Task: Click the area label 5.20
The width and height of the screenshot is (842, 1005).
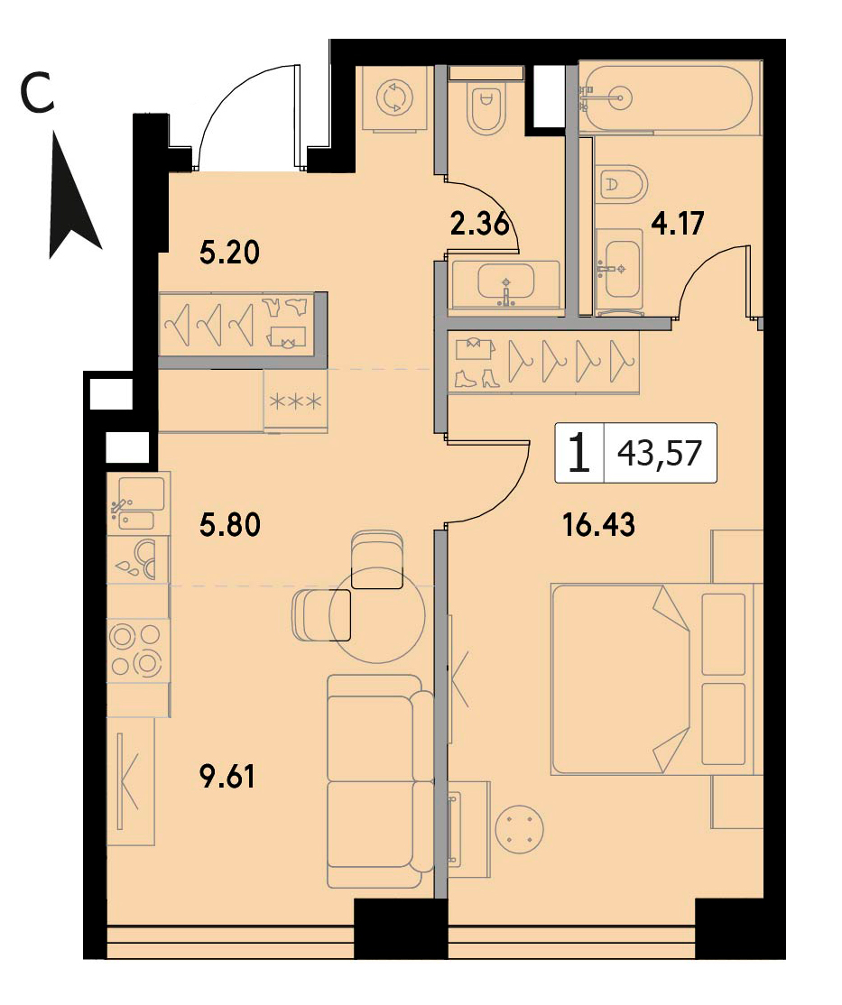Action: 229,253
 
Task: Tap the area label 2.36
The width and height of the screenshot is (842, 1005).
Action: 480,225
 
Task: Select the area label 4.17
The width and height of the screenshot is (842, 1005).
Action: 678,224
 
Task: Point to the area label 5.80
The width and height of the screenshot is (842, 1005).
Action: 229,526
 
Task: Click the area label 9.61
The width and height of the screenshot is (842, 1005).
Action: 227,777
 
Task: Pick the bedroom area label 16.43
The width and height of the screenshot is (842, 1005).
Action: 599,525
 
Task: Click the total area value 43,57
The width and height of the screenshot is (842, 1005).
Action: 660,454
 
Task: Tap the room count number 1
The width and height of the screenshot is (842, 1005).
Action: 579,453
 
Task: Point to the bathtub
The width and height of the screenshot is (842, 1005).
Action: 668,98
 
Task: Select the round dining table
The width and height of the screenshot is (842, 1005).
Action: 377,614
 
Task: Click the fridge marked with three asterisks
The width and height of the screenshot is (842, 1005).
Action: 296,401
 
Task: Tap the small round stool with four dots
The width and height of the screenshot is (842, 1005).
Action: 520,829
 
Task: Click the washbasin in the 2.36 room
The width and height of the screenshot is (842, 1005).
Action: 505,287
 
